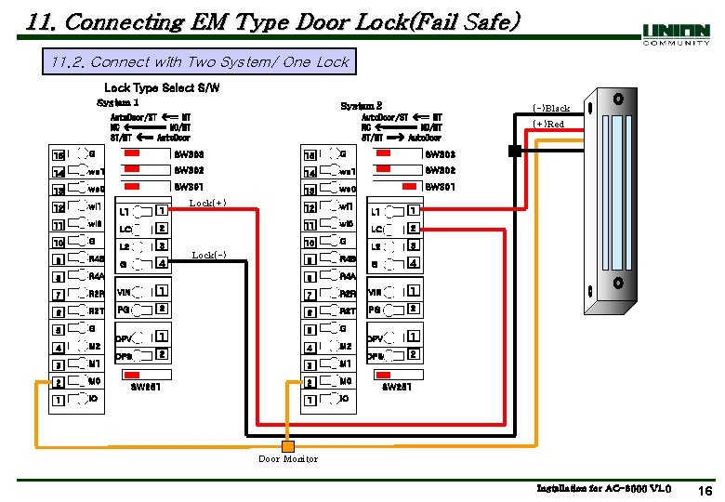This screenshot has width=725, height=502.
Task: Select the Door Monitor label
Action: click(x=288, y=458)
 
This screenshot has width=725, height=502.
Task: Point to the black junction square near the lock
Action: click(x=513, y=150)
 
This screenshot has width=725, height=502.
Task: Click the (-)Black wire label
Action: click(x=550, y=109)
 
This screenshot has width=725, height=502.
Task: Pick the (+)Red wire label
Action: click(x=548, y=125)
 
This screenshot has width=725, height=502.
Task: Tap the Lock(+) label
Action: click(x=207, y=203)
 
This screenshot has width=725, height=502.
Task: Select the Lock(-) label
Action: click(x=207, y=255)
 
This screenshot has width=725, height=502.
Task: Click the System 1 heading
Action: click(x=118, y=102)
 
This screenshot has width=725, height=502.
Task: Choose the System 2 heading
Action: click(x=362, y=107)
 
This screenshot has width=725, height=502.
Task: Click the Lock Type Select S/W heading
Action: click(x=163, y=87)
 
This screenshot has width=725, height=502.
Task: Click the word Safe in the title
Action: click(x=483, y=20)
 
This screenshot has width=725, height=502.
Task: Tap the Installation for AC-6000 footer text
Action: click(x=604, y=488)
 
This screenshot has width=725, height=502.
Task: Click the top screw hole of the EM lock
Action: click(x=617, y=99)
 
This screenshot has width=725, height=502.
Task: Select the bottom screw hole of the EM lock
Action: click(x=617, y=282)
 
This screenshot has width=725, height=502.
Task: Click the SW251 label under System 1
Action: click(x=147, y=387)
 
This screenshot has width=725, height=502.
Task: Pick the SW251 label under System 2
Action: click(x=397, y=387)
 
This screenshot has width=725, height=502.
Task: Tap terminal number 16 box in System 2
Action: click(x=310, y=154)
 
